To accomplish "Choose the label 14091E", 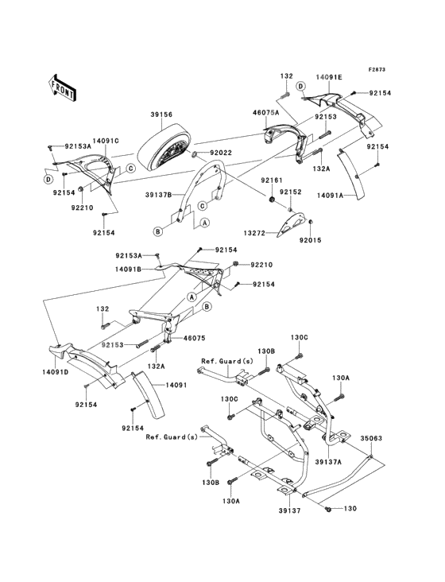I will click(x=328, y=77).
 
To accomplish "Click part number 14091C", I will click(x=106, y=141).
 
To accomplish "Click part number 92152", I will click(x=291, y=192).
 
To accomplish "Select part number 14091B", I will click(x=128, y=269).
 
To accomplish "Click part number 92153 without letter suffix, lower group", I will click(x=114, y=345).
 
